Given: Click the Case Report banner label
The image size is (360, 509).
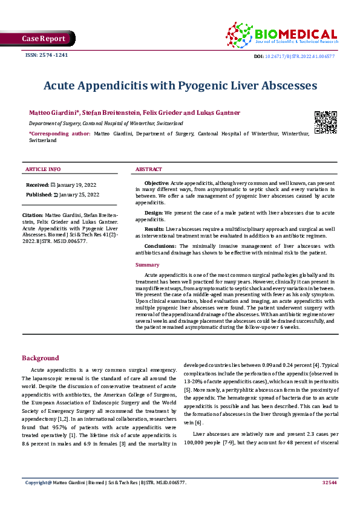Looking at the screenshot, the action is coord(44,39).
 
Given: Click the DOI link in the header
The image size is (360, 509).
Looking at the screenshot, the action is coord(303,56).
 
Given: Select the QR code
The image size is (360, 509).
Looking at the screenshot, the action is coord(325,122).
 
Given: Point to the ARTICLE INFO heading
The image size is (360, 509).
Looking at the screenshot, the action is coord(42,169).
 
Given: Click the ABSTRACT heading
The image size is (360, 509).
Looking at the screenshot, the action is coord(148,169).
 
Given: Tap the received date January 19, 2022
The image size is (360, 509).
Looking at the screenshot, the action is coord(77,184).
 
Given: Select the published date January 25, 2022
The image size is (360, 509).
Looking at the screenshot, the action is coord(77,195).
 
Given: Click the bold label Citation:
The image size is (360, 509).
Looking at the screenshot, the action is coord(33,215).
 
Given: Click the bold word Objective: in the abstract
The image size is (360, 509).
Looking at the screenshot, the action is coord(157,183).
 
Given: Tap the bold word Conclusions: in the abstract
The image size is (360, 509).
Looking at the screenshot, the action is coord(160,247).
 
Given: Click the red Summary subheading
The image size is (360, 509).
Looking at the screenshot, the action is coord(148,265).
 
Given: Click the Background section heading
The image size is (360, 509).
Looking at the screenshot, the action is coord(41,358).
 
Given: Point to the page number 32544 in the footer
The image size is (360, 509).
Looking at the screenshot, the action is coord(329,482).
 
